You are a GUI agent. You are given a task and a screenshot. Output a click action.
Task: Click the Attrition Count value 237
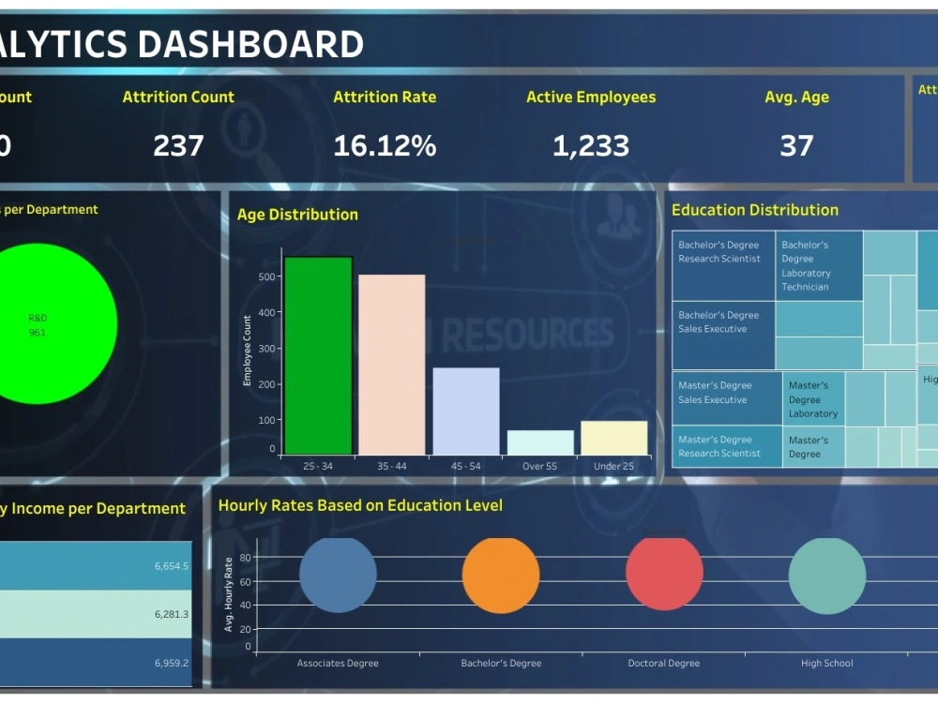tap(178, 145)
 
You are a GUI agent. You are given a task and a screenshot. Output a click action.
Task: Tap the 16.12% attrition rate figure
tap(385, 145)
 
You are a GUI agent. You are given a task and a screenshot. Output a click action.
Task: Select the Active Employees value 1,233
tap(591, 145)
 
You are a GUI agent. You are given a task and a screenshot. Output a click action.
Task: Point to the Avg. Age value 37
tap(796, 145)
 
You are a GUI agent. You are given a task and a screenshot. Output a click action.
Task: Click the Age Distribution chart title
tap(297, 215)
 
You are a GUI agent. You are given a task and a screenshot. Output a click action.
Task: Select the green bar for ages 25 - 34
tap(318, 356)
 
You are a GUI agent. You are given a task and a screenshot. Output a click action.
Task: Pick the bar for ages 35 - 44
tap(391, 365)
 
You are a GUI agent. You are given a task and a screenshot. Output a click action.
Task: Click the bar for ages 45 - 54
tap(465, 411)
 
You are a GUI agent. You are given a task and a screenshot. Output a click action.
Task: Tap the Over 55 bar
tap(540, 442)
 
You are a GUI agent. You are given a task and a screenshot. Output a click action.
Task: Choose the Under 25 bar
tap(613, 438)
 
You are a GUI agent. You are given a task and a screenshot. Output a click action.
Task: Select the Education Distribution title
tap(755, 210)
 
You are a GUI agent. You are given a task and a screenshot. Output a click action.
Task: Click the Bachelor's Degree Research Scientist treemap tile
tap(723, 266)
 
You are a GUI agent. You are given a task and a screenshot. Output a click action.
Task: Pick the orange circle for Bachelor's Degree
tap(501, 575)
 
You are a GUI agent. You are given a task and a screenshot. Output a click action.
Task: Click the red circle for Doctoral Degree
tap(664, 573)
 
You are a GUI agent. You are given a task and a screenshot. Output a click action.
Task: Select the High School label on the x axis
tap(826, 664)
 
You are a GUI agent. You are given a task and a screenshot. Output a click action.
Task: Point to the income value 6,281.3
tap(172, 614)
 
